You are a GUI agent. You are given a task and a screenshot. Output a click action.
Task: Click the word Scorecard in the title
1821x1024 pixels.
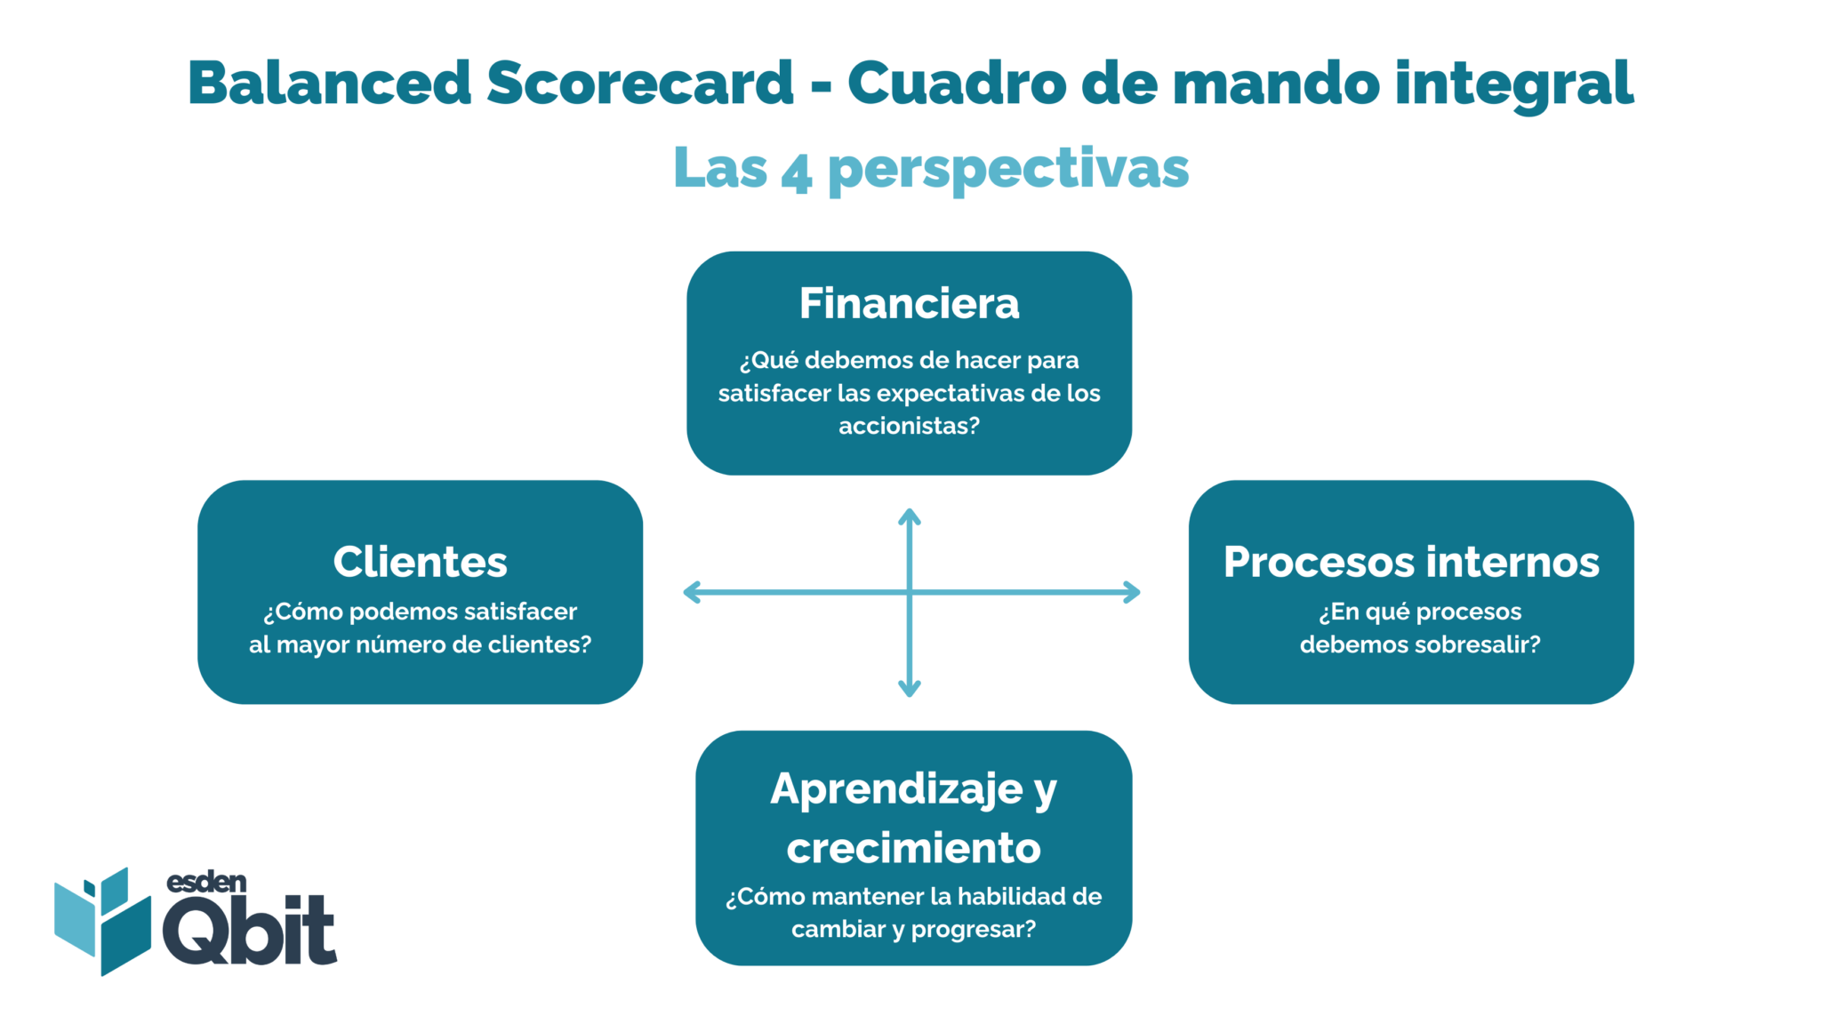(x=639, y=83)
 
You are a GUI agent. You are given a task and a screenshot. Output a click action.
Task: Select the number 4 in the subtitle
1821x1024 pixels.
(x=796, y=171)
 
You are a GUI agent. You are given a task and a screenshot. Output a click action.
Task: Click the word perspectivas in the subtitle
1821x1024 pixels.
(x=1008, y=169)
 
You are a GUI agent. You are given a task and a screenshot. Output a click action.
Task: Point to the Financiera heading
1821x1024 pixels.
(x=909, y=304)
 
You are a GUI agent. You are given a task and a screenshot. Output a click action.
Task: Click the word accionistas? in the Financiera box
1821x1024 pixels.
(x=909, y=426)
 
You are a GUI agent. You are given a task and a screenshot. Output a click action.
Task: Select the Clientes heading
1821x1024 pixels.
(x=420, y=562)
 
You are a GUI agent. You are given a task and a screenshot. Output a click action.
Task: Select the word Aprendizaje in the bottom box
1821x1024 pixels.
(x=896, y=789)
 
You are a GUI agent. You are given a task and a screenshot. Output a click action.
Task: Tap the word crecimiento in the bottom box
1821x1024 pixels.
(x=913, y=848)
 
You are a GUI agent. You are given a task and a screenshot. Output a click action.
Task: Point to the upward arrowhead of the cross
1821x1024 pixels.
(x=909, y=516)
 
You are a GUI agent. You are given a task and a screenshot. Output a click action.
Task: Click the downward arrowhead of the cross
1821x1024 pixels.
(x=909, y=689)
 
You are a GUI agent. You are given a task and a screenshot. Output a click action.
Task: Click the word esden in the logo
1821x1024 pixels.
(x=206, y=882)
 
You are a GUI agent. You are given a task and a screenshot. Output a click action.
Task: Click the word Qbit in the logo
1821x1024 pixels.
(x=249, y=931)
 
